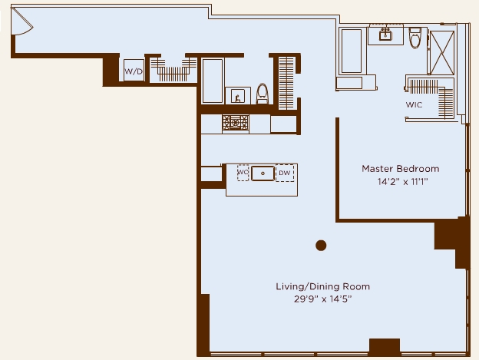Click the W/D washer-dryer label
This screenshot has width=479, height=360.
134,71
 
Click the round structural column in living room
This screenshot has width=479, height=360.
321,245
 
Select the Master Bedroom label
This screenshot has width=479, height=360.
401,169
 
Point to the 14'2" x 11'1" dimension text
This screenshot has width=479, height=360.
403,182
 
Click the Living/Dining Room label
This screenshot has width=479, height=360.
323,286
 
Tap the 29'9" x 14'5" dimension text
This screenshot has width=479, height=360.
323,299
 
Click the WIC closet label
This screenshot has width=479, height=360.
414,104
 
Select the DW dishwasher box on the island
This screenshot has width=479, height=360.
285,173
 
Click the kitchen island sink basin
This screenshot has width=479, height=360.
263,173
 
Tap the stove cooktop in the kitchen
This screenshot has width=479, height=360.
236,124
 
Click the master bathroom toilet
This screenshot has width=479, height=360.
415,38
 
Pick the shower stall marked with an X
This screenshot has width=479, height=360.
441,52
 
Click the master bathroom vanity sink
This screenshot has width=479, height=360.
385,35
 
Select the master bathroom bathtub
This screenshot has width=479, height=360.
352,51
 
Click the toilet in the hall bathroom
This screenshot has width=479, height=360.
262,94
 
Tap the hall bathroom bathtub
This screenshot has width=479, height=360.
213,81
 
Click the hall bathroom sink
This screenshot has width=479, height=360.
237,96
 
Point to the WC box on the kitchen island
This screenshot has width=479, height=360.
243,173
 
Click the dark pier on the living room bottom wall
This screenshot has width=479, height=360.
385,347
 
